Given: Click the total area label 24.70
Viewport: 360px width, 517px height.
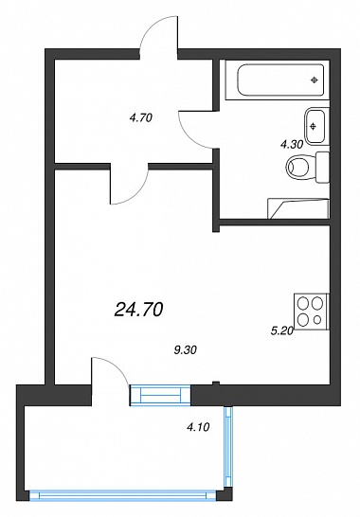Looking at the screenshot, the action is point(138,310).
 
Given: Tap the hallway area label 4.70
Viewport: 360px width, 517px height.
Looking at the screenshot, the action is point(141,117).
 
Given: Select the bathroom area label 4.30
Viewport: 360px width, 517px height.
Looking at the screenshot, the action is point(292,144).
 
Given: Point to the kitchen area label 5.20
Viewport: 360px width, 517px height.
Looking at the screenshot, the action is point(282,331).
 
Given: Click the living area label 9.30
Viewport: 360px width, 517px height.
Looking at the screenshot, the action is point(185,350).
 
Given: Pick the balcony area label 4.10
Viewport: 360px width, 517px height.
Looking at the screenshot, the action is point(198,428).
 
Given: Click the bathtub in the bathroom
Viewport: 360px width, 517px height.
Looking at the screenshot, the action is point(280,80).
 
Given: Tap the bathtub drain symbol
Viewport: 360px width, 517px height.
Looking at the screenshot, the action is point(315,80).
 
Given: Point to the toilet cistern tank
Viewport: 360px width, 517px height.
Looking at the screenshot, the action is point(322,168).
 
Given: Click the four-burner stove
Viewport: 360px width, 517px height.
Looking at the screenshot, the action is point(312,312).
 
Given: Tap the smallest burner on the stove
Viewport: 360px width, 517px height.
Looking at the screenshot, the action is point(317,319).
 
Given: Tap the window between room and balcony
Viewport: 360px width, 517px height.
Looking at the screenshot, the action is point(160,395).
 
